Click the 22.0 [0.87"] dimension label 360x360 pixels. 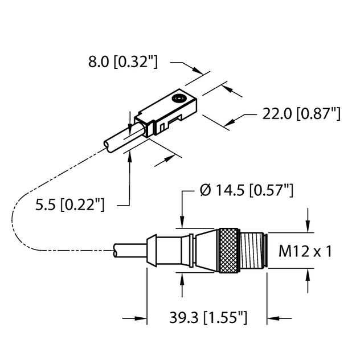click(x=301, y=114)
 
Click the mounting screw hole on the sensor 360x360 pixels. click(x=182, y=100)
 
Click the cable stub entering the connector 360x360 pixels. click(x=129, y=251)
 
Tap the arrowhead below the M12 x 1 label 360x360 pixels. click(x=308, y=275)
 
